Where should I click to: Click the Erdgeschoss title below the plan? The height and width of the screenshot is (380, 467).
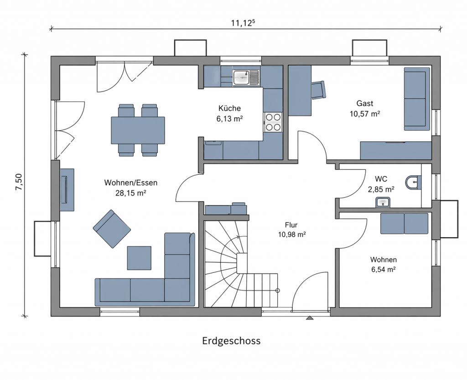[x=231, y=341]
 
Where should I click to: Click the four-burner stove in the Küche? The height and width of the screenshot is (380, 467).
[x=273, y=122]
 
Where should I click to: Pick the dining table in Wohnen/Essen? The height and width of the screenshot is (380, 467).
[x=138, y=130]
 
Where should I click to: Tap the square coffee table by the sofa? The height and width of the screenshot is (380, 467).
[x=139, y=258]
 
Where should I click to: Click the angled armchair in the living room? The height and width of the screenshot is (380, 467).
[x=112, y=229]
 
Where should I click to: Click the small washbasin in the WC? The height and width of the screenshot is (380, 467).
[x=382, y=202]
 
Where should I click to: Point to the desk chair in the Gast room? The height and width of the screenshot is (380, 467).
[x=319, y=90]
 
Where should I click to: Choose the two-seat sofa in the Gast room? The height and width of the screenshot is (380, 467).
[x=417, y=98]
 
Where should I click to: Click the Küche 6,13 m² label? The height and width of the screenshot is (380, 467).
[x=229, y=113]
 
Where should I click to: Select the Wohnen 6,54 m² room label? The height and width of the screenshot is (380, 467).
[x=383, y=264]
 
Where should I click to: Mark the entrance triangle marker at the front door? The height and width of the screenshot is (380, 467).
[x=310, y=317]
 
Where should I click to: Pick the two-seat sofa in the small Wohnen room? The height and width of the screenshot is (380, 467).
[x=404, y=224]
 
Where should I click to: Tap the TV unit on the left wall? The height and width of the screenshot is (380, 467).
[x=67, y=189]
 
